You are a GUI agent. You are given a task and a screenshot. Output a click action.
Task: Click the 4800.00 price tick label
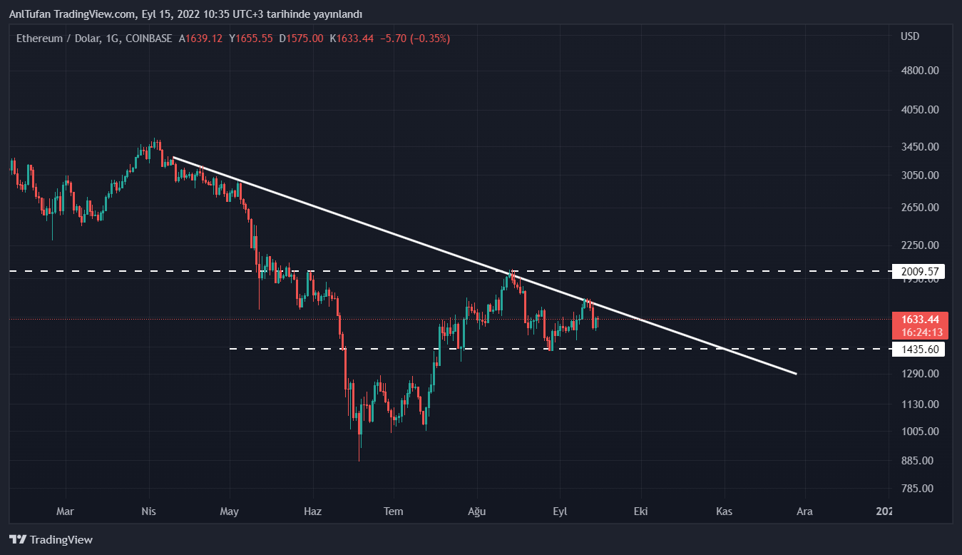coord(920,71)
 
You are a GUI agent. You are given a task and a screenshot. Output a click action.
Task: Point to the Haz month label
coord(313,511)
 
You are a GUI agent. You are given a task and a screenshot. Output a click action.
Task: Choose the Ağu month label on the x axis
coord(476,511)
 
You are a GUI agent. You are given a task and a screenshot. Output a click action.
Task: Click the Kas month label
coord(725,511)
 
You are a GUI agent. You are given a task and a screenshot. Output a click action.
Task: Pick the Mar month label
coord(65,511)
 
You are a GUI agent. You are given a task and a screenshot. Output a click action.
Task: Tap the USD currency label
coord(910,36)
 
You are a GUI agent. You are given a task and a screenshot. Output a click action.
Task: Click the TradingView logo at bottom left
coord(51,540)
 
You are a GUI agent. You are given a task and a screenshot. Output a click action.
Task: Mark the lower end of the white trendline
coord(795,373)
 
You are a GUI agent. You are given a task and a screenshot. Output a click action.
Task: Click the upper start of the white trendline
coord(173,157)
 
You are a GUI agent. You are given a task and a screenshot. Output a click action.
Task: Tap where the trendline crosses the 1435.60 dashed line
coord(725,349)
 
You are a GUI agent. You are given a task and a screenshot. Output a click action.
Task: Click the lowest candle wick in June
coord(359,460)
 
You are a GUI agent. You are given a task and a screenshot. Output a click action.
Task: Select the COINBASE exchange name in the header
coord(148,39)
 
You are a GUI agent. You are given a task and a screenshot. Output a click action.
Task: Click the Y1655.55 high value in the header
coord(251,39)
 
